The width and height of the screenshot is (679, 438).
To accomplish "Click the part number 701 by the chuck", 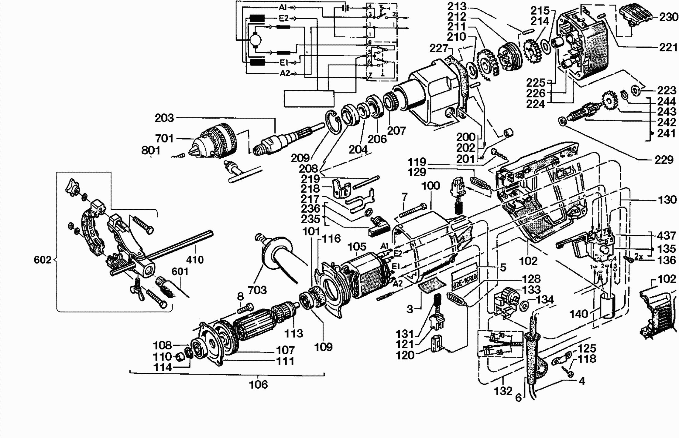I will pyautogui.click(x=164, y=139).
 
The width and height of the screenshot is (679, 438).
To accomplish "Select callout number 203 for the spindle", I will pyautogui.click(x=164, y=118).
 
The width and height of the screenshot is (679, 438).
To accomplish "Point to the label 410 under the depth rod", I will pyautogui.click(x=195, y=260).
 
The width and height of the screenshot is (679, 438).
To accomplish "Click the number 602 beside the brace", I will pyautogui.click(x=43, y=260).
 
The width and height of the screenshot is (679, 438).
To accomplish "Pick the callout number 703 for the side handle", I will pyautogui.click(x=257, y=290).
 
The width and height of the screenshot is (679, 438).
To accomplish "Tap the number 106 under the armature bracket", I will pyautogui.click(x=258, y=385).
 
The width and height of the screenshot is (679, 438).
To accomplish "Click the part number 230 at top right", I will pyautogui.click(x=668, y=17).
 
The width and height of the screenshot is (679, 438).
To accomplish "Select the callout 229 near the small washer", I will pyautogui.click(x=664, y=160).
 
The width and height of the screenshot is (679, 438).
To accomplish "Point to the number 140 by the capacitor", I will pyautogui.click(x=579, y=314).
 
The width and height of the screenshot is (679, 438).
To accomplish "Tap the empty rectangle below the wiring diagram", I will pyautogui.click(x=309, y=99).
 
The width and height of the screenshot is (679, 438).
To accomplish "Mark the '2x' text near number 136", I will pyautogui.click(x=639, y=257).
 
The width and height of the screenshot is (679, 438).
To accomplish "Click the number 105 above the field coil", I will pyautogui.click(x=357, y=247).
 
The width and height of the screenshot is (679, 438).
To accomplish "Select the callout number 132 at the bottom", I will pyautogui.click(x=503, y=391).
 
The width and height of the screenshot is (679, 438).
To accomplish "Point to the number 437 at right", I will pyautogui.click(x=666, y=235).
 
